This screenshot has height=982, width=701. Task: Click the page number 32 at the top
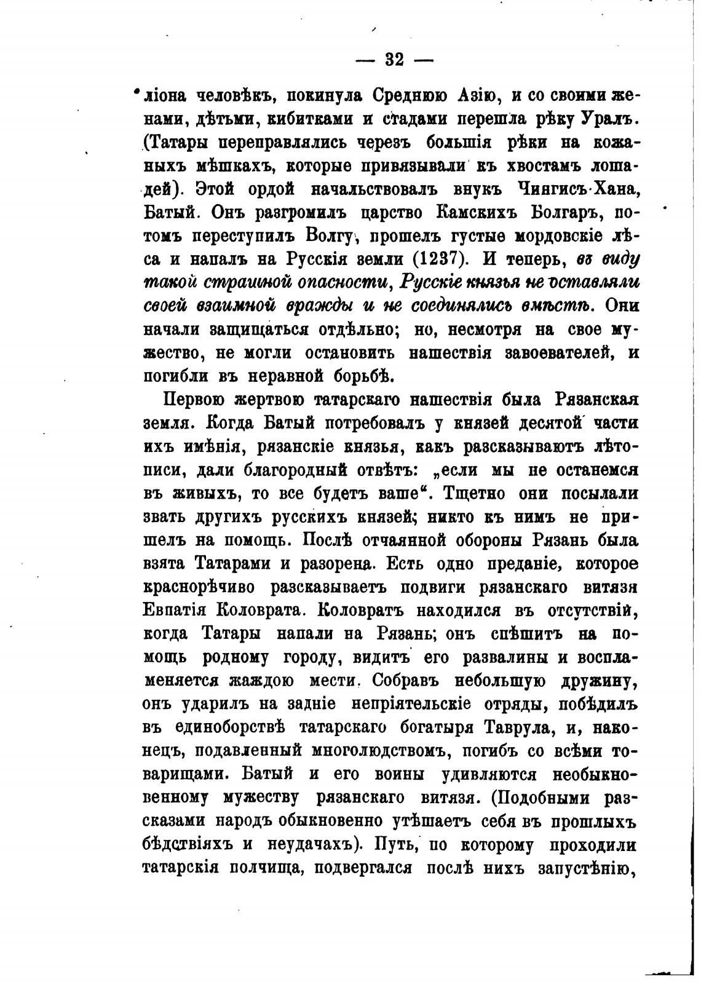click(x=394, y=60)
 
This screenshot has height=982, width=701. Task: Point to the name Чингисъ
click(x=545, y=189)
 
